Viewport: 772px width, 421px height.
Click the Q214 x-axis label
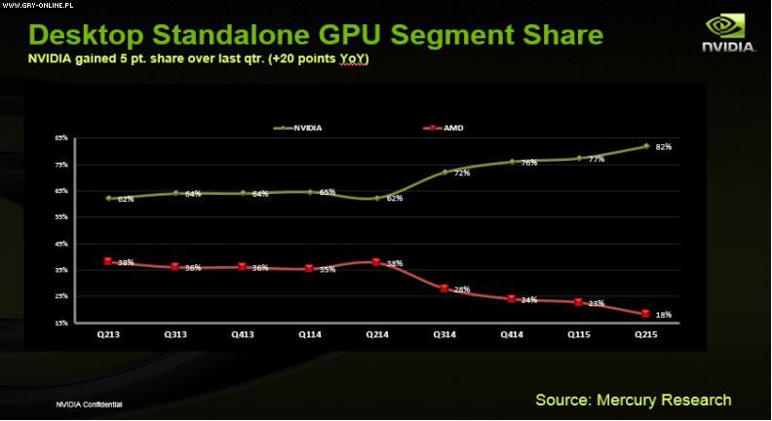(376, 333)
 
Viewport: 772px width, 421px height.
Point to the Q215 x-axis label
(646, 333)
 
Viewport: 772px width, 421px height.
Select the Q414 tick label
(511, 333)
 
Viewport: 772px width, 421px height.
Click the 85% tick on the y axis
(60, 138)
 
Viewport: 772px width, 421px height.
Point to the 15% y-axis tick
(60, 323)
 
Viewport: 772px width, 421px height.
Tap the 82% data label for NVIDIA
(664, 147)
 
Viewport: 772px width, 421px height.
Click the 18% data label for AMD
(664, 315)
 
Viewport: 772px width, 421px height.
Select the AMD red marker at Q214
(376, 262)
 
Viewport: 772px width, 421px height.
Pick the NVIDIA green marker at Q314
(444, 172)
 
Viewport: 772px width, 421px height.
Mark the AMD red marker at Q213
(107, 261)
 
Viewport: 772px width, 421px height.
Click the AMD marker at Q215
(645, 314)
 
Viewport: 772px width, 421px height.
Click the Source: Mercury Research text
(633, 400)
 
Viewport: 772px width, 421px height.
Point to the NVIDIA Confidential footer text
(90, 403)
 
